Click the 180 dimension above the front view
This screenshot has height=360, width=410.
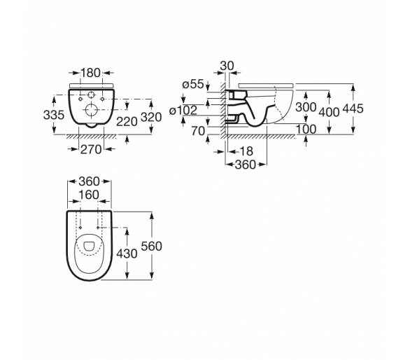pyautogui.click(x=90, y=73)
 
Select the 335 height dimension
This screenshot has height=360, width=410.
pyautogui.click(x=54, y=115)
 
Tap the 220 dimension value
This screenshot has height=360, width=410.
pyautogui.click(x=127, y=122)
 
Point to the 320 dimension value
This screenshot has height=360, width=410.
pyautogui.click(x=151, y=117)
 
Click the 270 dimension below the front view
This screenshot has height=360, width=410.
pyautogui.click(x=91, y=149)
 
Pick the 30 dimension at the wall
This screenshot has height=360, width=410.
pyautogui.click(x=227, y=66)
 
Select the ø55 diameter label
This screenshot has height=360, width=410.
pyautogui.click(x=193, y=84)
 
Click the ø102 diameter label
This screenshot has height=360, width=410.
pyautogui.click(x=183, y=110)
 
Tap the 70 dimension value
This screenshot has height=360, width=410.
pyautogui.click(x=198, y=131)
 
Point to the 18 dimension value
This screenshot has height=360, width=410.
pyautogui.click(x=246, y=151)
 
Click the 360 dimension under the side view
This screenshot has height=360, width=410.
pyautogui.click(x=246, y=165)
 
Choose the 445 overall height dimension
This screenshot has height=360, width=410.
pyautogui.click(x=353, y=109)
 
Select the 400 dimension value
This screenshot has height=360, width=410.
pyautogui.click(x=329, y=112)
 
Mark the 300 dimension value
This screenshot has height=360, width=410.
pyautogui.click(x=306, y=107)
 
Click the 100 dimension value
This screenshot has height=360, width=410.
pyautogui.click(x=306, y=129)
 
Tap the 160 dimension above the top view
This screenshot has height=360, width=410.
pyautogui.click(x=89, y=195)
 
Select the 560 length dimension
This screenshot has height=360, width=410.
pyautogui.click(x=151, y=247)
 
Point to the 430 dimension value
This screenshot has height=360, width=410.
pyautogui.click(x=127, y=254)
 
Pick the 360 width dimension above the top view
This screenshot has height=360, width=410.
pyautogui.click(x=89, y=181)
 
